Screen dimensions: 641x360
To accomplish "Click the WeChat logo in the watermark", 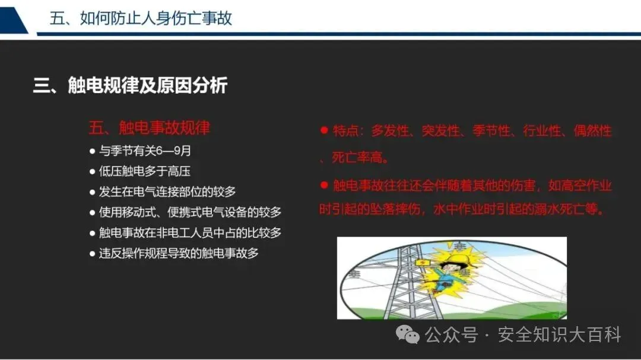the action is click(408, 334).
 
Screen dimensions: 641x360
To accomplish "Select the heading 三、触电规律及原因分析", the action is click(130, 85).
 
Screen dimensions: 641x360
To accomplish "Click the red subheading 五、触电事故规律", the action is click(149, 128).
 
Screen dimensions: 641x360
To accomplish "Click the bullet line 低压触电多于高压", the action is click(144, 171).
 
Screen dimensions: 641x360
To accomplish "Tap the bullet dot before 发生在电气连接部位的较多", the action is click(93, 192).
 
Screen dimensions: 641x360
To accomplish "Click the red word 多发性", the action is click(390, 130).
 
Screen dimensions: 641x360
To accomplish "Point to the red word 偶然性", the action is click(592, 130).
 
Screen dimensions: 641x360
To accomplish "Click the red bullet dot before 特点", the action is click(325, 130).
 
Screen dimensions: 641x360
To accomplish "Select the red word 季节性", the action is click(491, 130).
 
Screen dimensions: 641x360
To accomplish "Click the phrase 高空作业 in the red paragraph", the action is click(586, 186).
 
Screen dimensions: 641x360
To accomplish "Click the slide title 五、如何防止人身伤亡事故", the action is click(141, 18).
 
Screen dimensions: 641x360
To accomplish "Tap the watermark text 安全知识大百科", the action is click(559, 334).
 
